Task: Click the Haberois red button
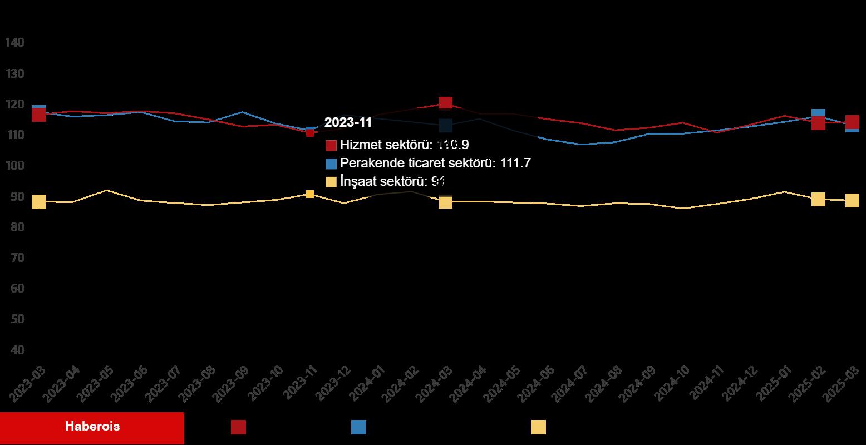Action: pyautogui.click(x=92, y=427)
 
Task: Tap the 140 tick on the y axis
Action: pyautogui.click(x=15, y=43)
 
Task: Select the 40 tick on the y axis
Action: pyautogui.click(x=17, y=350)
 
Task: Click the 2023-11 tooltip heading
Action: pyautogui.click(x=348, y=122)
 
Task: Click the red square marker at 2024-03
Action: pyautogui.click(x=445, y=103)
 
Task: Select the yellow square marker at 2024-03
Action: pyautogui.click(x=445, y=202)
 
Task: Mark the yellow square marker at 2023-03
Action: pyautogui.click(x=39, y=202)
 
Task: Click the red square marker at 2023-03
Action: pyautogui.click(x=39, y=115)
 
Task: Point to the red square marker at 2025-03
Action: pyautogui.click(x=852, y=122)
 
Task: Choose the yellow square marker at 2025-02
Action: pyautogui.click(x=818, y=199)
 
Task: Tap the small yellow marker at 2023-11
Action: pyautogui.click(x=310, y=194)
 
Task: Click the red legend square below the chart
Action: pyautogui.click(x=238, y=427)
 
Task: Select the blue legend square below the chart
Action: pyautogui.click(x=358, y=427)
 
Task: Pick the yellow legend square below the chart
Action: pyautogui.click(x=538, y=427)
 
